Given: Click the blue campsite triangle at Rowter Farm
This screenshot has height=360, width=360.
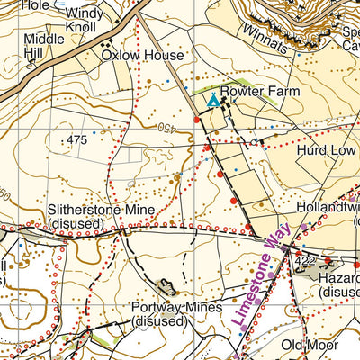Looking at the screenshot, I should [x=212, y=102].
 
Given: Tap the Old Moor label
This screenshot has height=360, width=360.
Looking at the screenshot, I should [x=308, y=345].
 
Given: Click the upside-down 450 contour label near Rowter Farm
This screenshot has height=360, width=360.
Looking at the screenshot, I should [x=167, y=129].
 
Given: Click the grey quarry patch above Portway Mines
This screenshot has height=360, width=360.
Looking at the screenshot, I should [x=166, y=287].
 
